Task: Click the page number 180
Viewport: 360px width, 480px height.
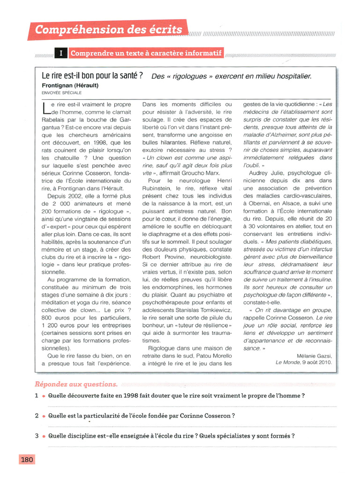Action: pos(27,459)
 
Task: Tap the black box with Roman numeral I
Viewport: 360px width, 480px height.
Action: pos(61,54)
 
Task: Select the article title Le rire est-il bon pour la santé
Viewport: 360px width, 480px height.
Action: pos(92,76)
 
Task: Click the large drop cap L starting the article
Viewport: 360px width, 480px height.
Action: pos(45,109)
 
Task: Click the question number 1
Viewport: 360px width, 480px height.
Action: pos(36,396)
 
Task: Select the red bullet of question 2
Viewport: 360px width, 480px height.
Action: pos(43,416)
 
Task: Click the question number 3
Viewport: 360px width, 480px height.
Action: pos(36,436)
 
